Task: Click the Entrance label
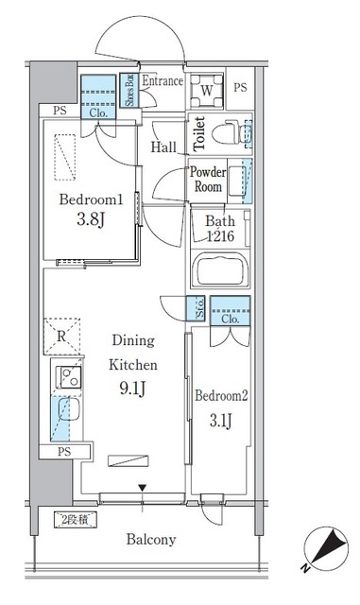pyautogui.click(x=163, y=81)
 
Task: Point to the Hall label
pyautogui.click(x=163, y=147)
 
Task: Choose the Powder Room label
pyautogui.click(x=208, y=179)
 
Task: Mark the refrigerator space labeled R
pyautogui.click(x=60, y=336)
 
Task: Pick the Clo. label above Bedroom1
pyautogui.click(x=97, y=112)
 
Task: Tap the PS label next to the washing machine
pyautogui.click(x=240, y=89)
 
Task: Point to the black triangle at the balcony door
pyautogui.click(x=142, y=488)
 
